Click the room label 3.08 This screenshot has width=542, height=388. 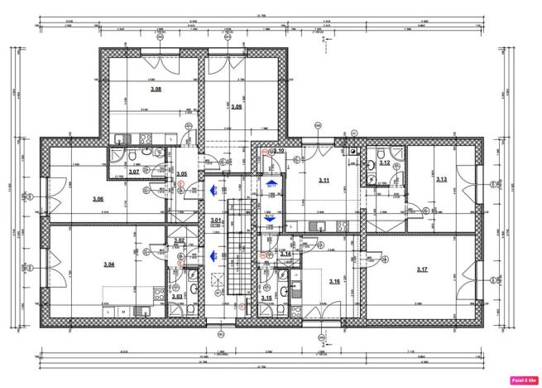pos(156,89)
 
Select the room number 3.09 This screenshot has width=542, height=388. pos(237,107)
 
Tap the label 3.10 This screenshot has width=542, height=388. pos(279,151)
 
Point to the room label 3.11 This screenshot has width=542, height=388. pos(324,179)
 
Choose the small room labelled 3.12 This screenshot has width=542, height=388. pos(384,163)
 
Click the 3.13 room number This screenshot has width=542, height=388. pos(441,179)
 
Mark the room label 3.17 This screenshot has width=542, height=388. pos(422,269)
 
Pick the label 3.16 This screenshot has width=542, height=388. pos(334,282)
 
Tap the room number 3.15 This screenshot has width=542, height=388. pos(266,298)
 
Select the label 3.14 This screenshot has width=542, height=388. pos(285,254)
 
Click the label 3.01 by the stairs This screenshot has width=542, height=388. pos(215,221)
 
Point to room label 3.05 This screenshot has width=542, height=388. pos(182,173)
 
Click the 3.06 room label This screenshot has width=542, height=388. pos(98,199)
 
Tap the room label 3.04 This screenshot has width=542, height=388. pos(108,264)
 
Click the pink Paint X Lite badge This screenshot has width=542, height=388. pos(524,379)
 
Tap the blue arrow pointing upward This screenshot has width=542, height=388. pos(271,182)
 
